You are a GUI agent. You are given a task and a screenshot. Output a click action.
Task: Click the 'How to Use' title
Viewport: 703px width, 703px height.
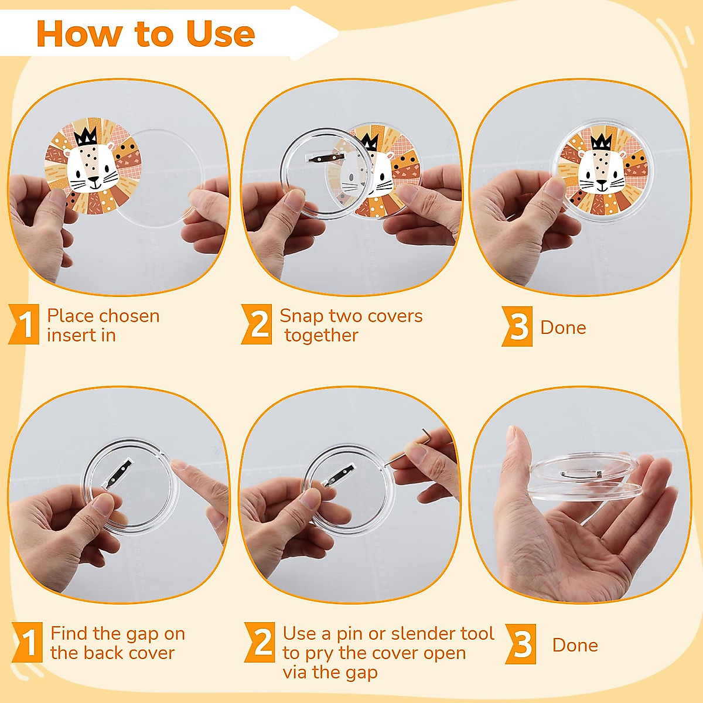[x=145, y=33]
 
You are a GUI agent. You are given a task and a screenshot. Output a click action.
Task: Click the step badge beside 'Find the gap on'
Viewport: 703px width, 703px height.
[x=28, y=642]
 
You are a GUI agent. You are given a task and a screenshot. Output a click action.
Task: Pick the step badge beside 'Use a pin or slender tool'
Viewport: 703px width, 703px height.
[x=260, y=642]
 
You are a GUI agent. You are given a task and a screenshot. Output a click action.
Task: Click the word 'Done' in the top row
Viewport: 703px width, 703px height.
[x=563, y=327]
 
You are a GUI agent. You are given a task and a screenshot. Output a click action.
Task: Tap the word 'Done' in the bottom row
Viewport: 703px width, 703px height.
[x=575, y=645]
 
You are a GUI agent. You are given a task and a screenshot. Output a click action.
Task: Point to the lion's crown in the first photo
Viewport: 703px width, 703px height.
[x=86, y=136]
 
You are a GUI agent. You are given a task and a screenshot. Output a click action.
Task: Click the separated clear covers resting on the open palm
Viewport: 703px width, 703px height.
[x=583, y=477]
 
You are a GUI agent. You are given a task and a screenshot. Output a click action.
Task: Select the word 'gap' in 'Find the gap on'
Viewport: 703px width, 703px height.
[x=142, y=634]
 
